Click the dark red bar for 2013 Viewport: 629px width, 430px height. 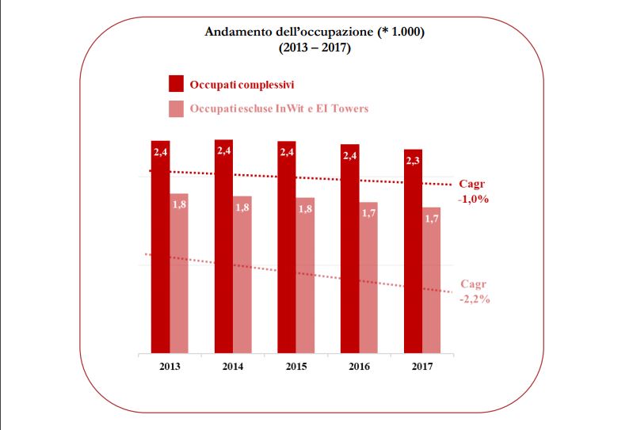tap(161, 245)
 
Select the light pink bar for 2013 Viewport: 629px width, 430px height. tap(179, 273)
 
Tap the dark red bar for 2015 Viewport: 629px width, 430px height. tap(287, 246)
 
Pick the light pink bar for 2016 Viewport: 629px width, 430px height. tap(368, 277)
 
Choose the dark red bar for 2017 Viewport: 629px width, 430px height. tap(413, 250)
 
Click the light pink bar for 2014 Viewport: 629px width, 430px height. tap(242, 274)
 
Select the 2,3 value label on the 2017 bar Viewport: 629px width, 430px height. tap(414, 161)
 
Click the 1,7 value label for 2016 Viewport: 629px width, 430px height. tap(368, 214)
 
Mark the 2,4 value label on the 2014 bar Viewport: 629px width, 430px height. tap(223, 150)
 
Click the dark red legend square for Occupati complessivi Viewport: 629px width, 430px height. tap(176, 84)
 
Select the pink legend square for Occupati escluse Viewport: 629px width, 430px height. tap(176, 108)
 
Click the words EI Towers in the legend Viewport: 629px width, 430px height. tap(342, 108)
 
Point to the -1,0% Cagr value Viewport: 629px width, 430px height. tap(473, 199)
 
